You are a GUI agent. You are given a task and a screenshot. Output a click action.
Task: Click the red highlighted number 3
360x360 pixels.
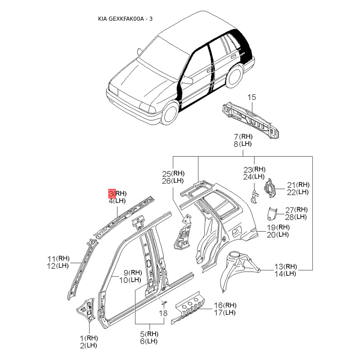click(112, 193)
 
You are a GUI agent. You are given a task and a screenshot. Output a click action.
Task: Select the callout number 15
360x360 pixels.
click(252, 97)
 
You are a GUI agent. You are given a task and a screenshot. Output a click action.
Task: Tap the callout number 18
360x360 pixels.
click(163, 313)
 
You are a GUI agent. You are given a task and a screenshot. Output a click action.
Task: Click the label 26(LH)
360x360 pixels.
click(173, 181)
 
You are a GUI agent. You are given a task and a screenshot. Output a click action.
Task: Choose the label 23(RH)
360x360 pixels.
click(255, 169)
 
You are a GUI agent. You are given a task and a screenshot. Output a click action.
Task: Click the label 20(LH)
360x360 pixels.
click(278, 234)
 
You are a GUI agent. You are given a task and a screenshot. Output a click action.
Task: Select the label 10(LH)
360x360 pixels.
click(130, 280)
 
